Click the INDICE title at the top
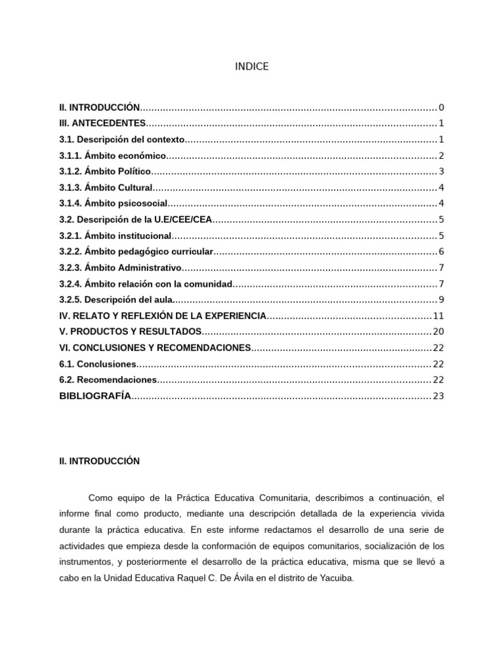251,67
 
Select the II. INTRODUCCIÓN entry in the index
100,107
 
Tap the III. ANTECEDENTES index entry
102,123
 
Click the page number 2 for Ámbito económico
442,156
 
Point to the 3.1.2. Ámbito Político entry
105,171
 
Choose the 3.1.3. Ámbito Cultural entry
106,188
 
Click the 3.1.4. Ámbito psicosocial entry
114,203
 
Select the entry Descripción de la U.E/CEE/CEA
136,219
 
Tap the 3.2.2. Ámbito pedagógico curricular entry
136,251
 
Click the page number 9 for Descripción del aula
442,300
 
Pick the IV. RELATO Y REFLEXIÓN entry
163,316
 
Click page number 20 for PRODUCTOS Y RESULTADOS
439,331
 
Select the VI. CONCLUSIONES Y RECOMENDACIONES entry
155,348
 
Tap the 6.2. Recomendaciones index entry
108,380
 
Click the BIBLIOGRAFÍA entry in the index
95,396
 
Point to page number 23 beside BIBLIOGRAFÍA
439,396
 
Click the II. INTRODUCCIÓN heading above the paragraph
100,461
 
